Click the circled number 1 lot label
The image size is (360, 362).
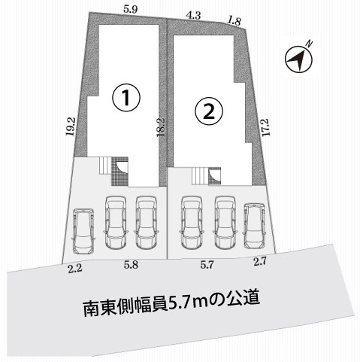[x=126, y=98]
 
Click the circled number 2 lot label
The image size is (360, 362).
[x=209, y=111]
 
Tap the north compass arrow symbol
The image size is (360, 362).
[x=299, y=59]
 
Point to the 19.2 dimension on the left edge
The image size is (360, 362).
[x=71, y=126]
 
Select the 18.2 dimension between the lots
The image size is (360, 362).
[x=161, y=127]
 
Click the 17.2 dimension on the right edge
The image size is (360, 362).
[x=266, y=127]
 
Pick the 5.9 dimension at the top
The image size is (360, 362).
[x=130, y=10]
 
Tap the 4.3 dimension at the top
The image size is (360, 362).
[x=194, y=16]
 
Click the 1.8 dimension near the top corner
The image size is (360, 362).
[x=234, y=21]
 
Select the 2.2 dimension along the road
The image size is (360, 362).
[x=75, y=269]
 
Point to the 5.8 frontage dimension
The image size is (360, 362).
[x=131, y=265]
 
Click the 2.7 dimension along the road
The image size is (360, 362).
[x=259, y=262]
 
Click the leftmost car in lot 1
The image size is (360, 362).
[x=83, y=231]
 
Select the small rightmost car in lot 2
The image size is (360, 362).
[x=255, y=226]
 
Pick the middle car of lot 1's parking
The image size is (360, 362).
[x=116, y=222]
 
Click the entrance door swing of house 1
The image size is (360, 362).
[x=123, y=166]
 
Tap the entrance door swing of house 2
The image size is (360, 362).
[x=215, y=175]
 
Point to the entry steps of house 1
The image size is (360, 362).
[x=105, y=165]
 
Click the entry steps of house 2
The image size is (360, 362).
[x=200, y=175]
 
